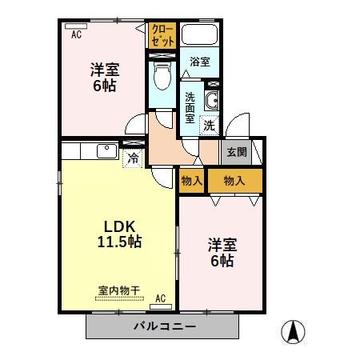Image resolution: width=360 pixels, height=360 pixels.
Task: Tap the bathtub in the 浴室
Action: click(x=200, y=36)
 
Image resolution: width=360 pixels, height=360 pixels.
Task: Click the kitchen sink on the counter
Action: click(x=106, y=150)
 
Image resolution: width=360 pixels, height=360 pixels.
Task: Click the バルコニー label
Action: click(x=164, y=326)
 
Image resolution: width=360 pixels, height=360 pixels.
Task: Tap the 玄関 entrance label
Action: click(x=237, y=152)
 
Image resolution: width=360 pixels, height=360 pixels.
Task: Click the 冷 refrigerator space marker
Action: click(x=134, y=158)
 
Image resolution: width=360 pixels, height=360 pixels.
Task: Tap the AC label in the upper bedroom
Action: click(x=76, y=34)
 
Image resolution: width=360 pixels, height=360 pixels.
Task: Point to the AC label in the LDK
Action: click(x=159, y=298)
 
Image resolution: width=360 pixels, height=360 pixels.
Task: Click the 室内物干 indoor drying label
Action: click(x=119, y=291)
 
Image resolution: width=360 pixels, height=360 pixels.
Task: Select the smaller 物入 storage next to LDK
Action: click(x=191, y=181)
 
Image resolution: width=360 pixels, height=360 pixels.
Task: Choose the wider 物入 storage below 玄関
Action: click(x=234, y=181)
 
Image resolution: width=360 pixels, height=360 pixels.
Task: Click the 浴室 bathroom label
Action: click(x=200, y=61)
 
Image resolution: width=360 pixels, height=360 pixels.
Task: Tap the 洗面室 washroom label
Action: click(x=190, y=106)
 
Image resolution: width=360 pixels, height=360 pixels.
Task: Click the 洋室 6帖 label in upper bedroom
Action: click(x=103, y=78)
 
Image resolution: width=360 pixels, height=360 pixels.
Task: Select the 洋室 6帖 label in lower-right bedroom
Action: click(x=222, y=252)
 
